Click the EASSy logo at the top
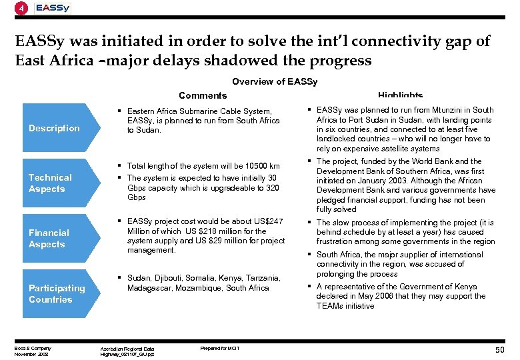53,8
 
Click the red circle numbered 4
22,9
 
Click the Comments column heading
203,96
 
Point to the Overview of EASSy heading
275,82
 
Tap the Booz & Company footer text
33,348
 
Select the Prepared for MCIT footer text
219,348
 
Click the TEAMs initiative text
345,306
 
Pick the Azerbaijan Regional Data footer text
127,349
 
